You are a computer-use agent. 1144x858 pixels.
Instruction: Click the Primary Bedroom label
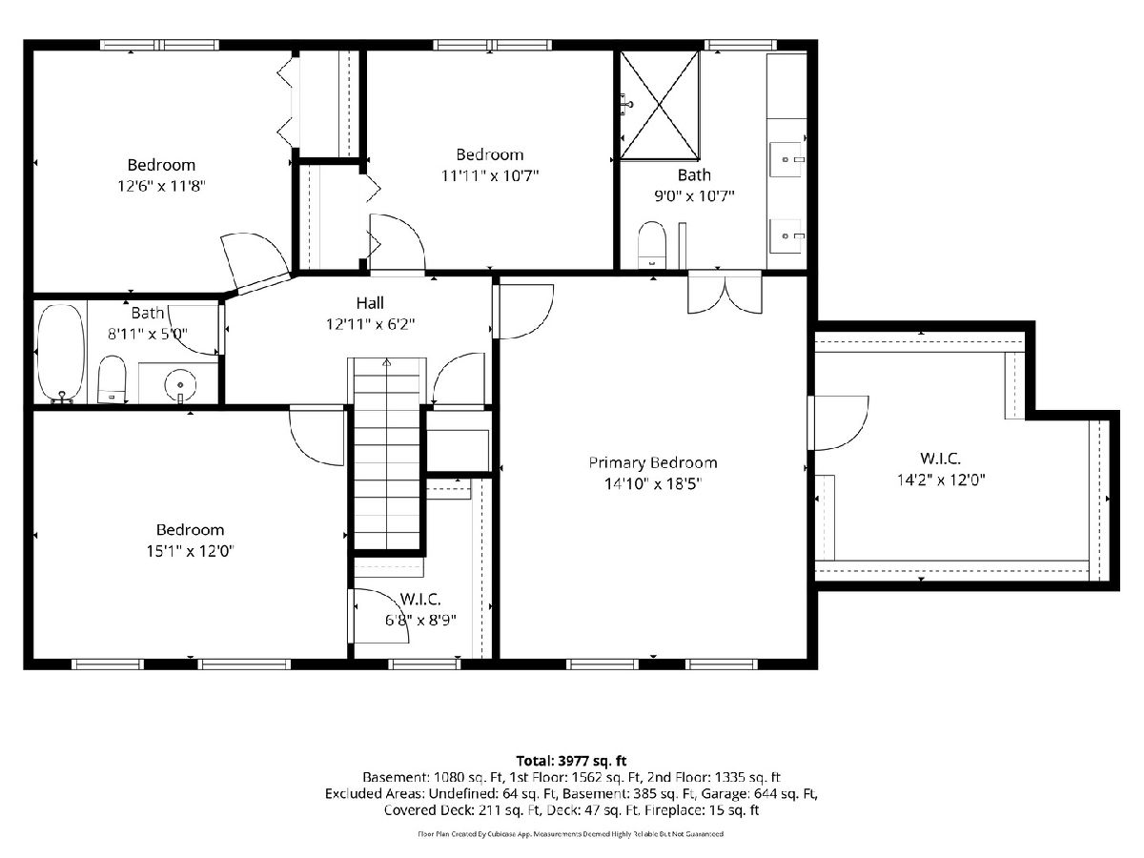[x=652, y=462]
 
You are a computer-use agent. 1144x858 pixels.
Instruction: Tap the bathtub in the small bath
[x=61, y=353]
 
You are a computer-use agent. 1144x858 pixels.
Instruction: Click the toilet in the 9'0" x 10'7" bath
[x=652, y=245]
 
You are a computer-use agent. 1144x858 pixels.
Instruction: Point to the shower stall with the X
[x=660, y=105]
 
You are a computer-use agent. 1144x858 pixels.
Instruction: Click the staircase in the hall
[x=387, y=453]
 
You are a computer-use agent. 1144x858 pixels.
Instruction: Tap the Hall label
[x=370, y=302]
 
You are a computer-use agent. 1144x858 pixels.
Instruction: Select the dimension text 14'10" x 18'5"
[x=652, y=484]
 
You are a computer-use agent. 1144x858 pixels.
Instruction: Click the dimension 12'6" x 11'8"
[x=161, y=186]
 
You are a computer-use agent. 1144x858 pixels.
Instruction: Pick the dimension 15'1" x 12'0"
[x=191, y=551]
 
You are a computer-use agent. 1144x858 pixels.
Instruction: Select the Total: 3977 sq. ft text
[x=571, y=761]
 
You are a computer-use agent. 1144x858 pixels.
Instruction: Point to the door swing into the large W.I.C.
[x=838, y=422]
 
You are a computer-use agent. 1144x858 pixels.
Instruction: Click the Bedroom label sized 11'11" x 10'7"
[x=489, y=154]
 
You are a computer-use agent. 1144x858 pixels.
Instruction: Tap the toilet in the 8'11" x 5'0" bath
[x=112, y=379]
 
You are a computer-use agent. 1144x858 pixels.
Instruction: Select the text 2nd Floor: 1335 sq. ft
[x=713, y=777]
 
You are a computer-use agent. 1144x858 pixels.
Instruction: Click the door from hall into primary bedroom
[x=523, y=312]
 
